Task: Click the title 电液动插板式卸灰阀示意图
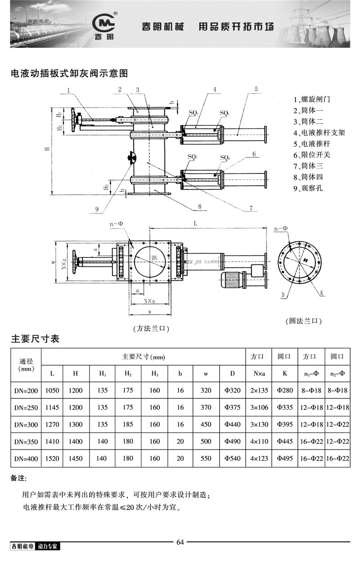[69, 73]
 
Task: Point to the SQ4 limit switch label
[225, 158]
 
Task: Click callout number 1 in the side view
[68, 90]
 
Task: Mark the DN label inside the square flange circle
[154, 257]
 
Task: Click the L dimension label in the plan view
[194, 223]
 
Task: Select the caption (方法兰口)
[151, 329]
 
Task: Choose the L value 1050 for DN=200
[52, 390]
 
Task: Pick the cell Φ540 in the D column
[232, 459]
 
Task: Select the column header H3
[154, 373]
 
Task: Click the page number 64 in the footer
[180, 542]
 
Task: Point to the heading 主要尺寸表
[35, 339]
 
